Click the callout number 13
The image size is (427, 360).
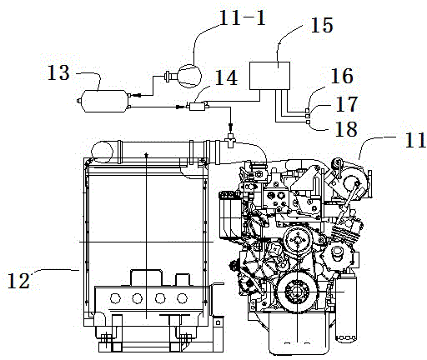point(58,72)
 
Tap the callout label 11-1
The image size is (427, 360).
point(243,17)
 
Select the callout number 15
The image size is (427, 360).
point(321,25)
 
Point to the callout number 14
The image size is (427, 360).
point(226,77)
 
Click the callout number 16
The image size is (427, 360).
point(342,76)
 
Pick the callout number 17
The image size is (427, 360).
point(347,104)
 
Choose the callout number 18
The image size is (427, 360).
point(346,129)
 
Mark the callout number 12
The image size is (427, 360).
point(18,281)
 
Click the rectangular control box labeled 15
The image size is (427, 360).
point(269,76)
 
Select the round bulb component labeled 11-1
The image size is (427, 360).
point(189,76)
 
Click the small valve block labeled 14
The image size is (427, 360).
point(198,107)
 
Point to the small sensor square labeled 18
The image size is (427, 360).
point(308,122)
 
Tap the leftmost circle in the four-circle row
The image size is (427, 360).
point(115,298)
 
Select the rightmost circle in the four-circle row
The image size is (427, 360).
point(182,298)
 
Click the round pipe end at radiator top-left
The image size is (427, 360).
point(102,152)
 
